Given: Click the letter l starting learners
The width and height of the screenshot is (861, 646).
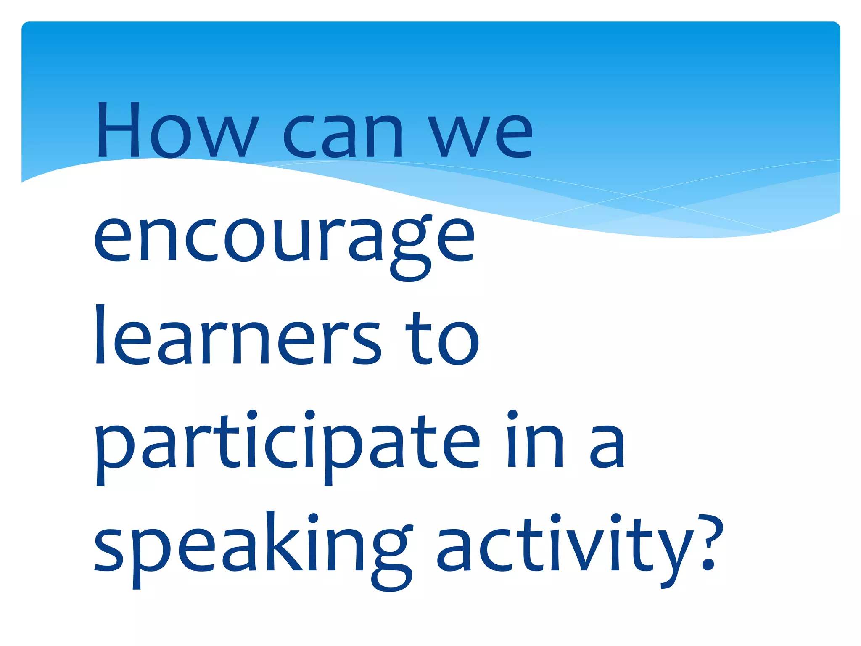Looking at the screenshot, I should click(100, 334).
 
